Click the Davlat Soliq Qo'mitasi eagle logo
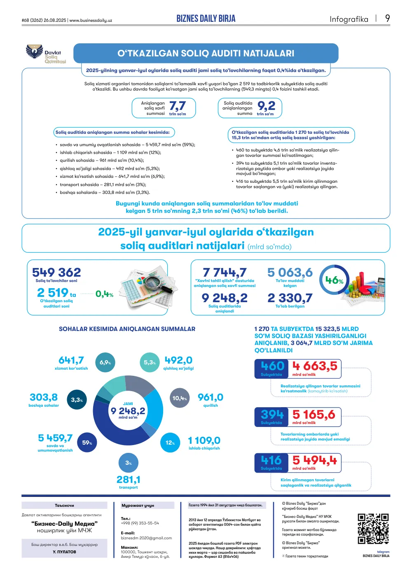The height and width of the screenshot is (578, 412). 34,51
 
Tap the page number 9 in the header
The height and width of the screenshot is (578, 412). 387,19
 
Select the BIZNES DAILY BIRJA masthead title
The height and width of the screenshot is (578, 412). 206,19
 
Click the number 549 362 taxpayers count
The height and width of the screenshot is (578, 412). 56,273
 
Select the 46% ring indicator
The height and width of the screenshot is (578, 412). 334,280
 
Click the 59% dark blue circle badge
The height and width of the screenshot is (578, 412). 87,443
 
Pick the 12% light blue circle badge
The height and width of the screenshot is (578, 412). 170,443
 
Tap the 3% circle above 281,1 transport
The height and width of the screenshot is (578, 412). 129,463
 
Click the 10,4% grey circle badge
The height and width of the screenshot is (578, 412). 180,398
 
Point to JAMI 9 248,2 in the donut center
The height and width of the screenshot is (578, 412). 128,410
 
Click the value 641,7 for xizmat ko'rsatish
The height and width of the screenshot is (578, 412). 71,360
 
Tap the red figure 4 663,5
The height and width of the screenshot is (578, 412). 315,366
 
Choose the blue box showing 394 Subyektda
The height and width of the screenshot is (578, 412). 272,417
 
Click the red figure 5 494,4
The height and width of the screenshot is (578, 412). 315,460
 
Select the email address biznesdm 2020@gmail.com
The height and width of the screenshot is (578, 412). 146,538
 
